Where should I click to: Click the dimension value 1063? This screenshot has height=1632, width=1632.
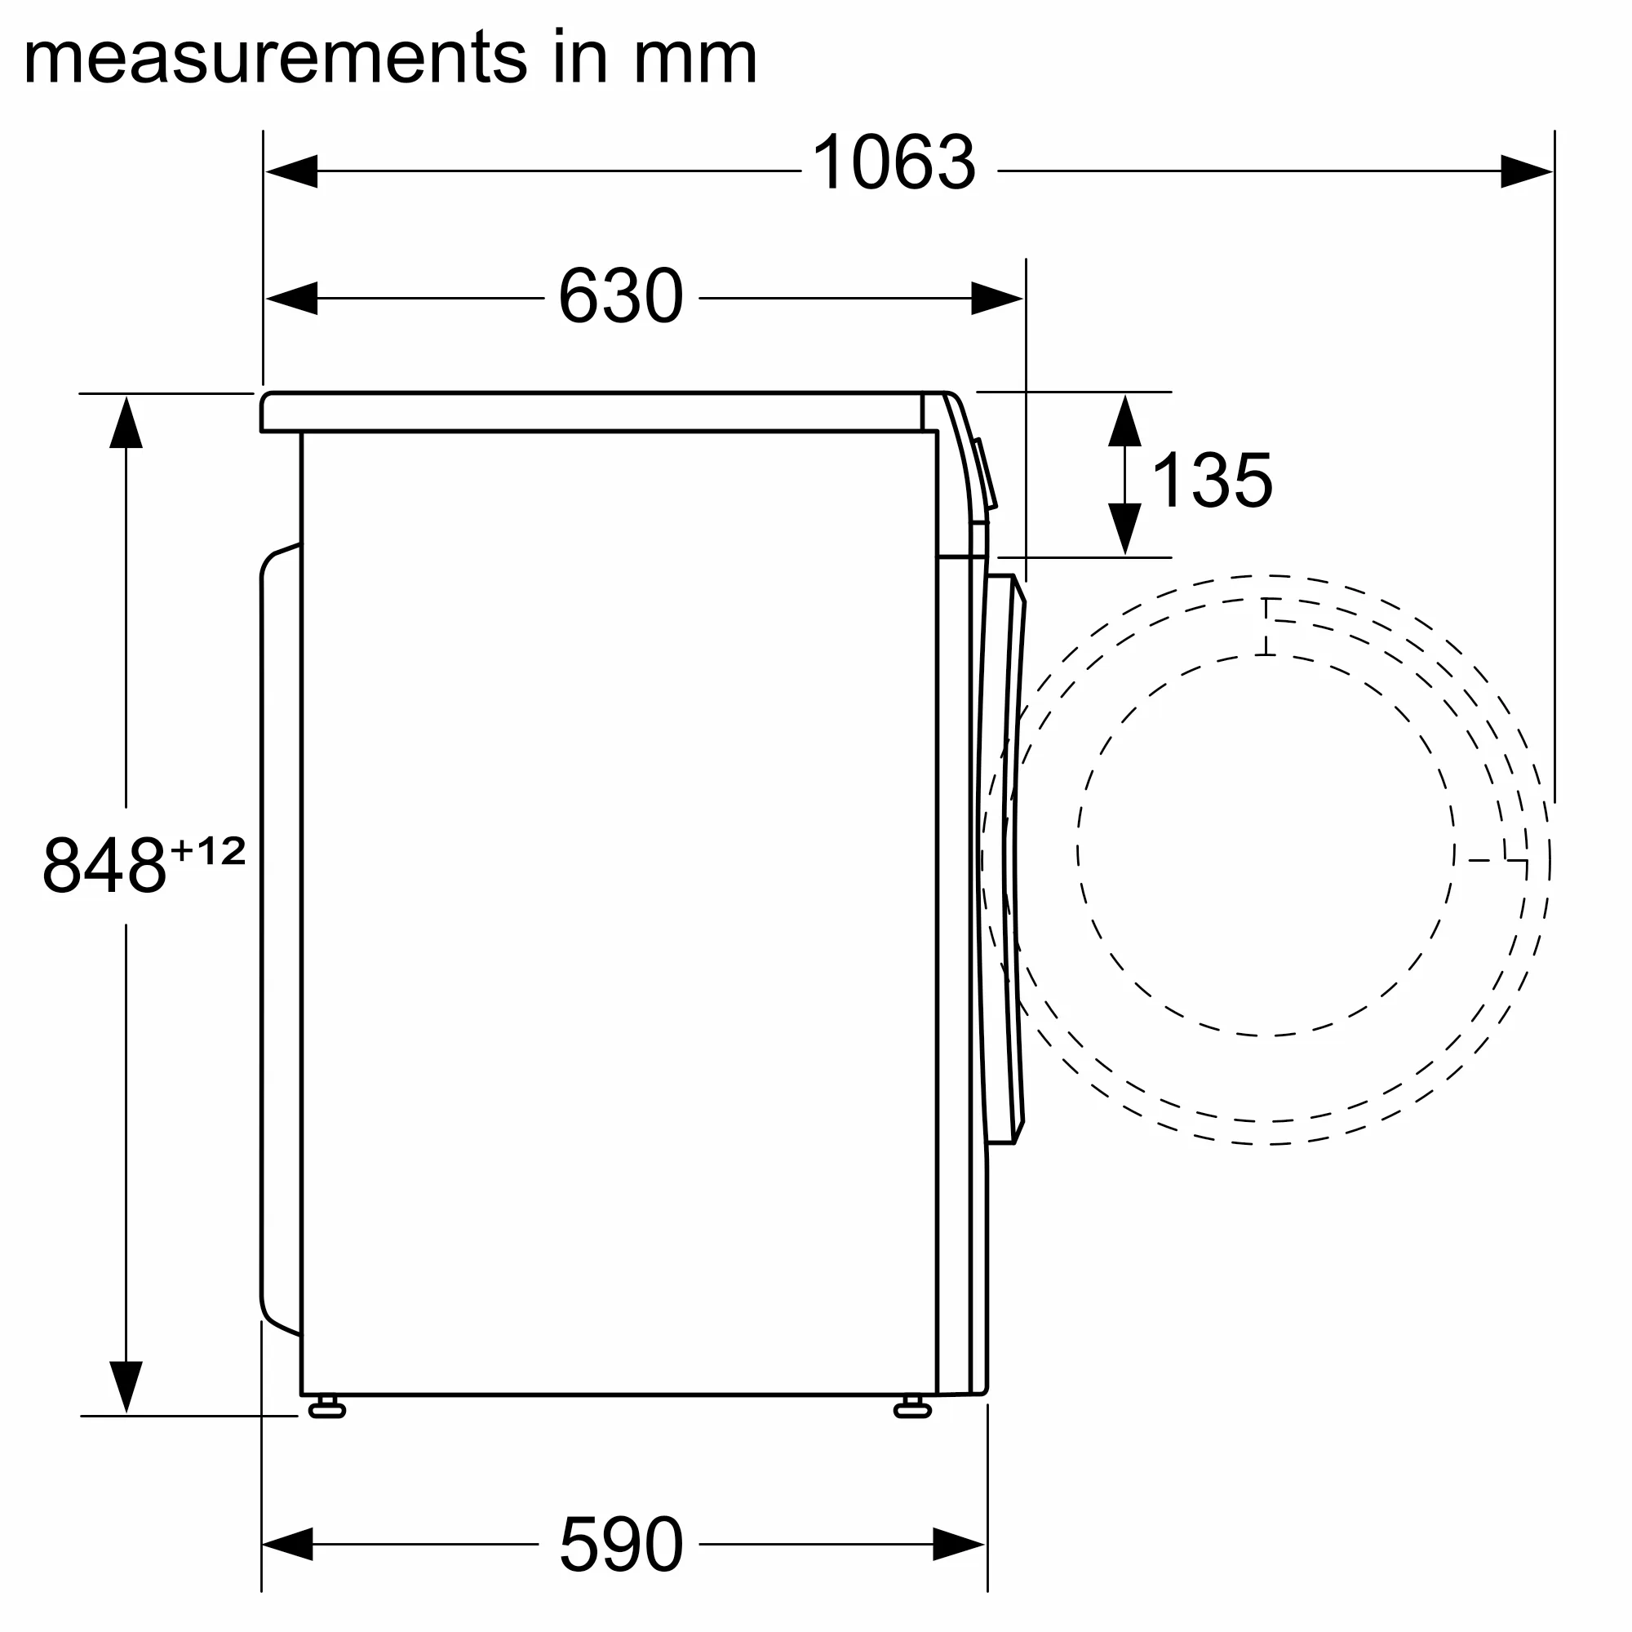point(893,163)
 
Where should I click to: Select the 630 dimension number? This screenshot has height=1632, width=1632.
point(621,296)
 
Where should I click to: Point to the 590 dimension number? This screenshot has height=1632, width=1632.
point(621,1544)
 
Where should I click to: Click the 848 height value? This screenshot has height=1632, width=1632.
point(104,865)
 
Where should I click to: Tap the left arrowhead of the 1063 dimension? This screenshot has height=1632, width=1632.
point(291,171)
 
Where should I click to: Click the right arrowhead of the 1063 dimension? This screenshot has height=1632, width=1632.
point(1526,171)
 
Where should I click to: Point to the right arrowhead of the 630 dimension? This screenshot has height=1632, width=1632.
point(997,298)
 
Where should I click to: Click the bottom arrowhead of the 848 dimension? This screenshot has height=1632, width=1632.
point(126,1386)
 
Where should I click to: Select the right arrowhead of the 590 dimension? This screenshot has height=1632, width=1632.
point(959,1544)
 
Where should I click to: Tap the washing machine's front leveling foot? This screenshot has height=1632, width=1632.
point(912,1407)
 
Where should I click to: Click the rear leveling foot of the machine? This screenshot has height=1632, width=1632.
point(327,1407)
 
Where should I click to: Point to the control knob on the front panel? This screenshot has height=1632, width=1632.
point(986,473)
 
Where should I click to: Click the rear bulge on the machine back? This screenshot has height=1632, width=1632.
point(280,938)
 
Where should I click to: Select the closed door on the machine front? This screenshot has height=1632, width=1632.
point(1005,858)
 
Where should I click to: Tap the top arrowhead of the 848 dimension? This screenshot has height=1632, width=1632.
point(126,423)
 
